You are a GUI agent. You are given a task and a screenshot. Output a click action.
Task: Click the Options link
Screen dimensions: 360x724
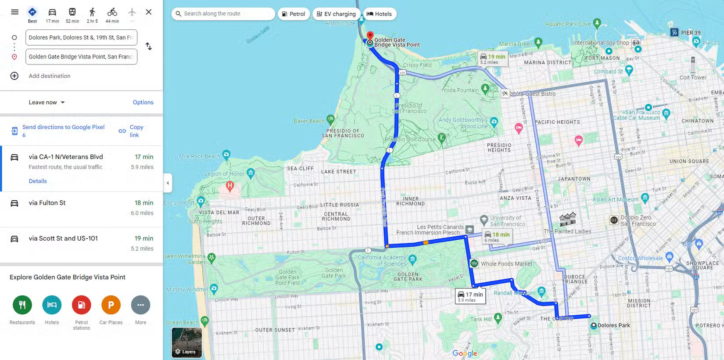(x=143, y=102)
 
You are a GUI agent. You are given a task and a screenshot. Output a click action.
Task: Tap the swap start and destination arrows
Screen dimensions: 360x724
(x=149, y=47)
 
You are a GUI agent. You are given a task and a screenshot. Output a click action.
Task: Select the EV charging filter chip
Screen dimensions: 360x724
(x=336, y=14)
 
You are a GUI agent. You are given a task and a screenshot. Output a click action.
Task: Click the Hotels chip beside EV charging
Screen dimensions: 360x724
(x=380, y=14)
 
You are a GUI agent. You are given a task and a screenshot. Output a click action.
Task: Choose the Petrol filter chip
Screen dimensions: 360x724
(x=294, y=14)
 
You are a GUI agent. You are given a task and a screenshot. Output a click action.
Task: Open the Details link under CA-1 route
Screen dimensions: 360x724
(x=38, y=181)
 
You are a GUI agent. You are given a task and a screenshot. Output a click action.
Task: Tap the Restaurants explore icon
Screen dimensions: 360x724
(x=22, y=305)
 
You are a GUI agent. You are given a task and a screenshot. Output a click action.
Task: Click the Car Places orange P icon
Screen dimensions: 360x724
(x=111, y=305)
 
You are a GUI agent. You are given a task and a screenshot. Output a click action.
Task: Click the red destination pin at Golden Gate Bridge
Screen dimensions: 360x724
(x=370, y=36)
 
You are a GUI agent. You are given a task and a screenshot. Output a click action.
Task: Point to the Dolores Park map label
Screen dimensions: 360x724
(x=613, y=325)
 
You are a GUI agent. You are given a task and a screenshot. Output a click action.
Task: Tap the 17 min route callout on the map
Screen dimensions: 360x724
(x=470, y=296)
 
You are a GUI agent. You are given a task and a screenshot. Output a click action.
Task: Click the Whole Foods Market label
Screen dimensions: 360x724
(x=506, y=264)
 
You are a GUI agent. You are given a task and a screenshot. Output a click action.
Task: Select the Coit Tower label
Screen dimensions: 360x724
(x=693, y=78)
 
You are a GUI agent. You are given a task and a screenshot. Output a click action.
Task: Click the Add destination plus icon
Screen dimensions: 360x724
(x=14, y=76)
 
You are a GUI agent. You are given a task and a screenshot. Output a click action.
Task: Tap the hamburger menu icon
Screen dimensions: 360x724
(x=15, y=12)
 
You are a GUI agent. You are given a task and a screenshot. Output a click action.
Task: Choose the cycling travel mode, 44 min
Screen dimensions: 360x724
(x=112, y=15)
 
